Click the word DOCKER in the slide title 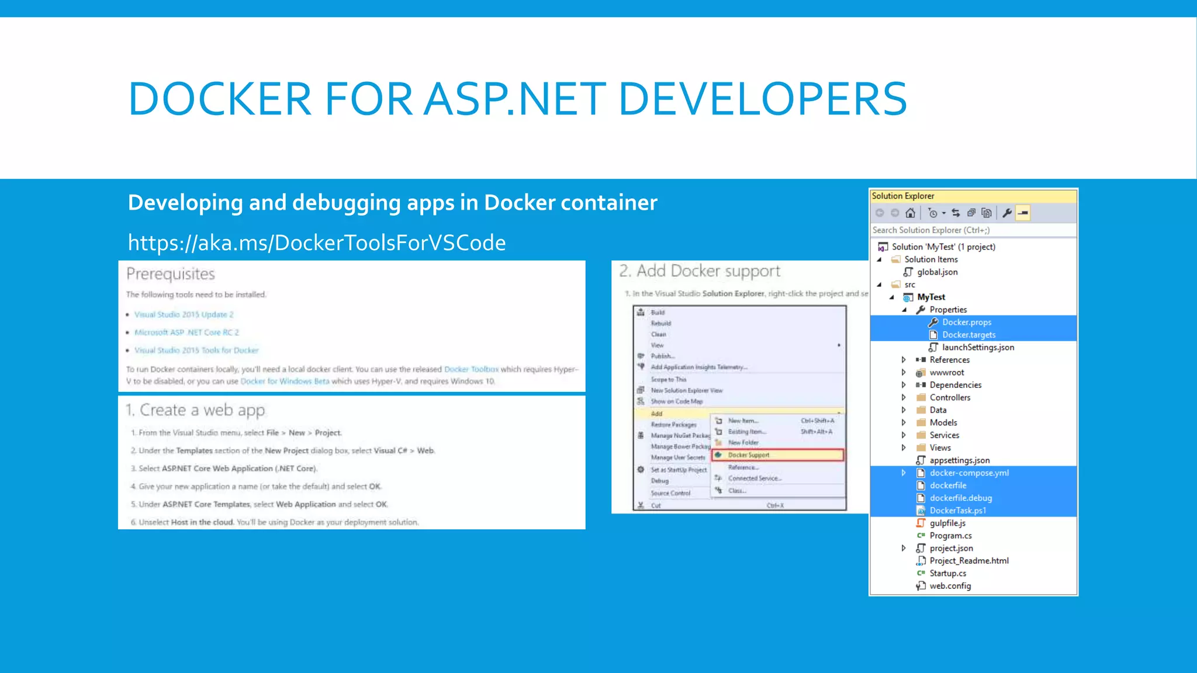[x=220, y=99]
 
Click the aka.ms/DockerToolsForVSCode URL [x=317, y=242]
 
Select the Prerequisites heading [x=171, y=274]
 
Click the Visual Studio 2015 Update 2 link [x=184, y=314]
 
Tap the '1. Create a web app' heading [x=196, y=410]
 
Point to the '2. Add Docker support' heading [x=700, y=271]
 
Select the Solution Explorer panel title [x=903, y=196]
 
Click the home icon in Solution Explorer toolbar [x=910, y=213]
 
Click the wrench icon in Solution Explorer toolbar [x=1006, y=213]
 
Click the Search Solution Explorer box [x=973, y=230]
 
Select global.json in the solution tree [x=937, y=272]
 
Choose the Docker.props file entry [x=967, y=322]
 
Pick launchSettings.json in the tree [x=978, y=348]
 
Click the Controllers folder [x=950, y=398]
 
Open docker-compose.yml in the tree [x=969, y=473]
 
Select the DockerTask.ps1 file [x=957, y=511]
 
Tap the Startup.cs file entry [x=947, y=574]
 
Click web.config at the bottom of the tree [x=950, y=586]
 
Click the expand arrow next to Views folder [x=904, y=448]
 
